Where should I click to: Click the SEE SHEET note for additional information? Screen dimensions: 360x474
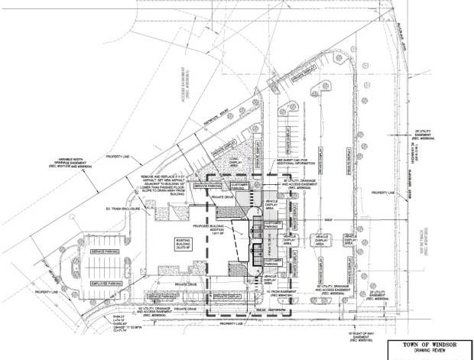click(300, 162)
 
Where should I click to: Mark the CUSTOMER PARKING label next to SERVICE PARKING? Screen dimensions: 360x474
click(239, 186)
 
